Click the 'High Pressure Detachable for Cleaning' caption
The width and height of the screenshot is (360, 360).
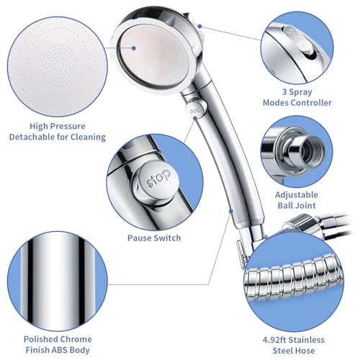click(58, 130)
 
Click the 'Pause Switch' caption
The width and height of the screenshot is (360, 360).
click(154, 237)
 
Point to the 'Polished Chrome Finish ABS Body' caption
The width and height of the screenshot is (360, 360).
click(58, 344)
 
